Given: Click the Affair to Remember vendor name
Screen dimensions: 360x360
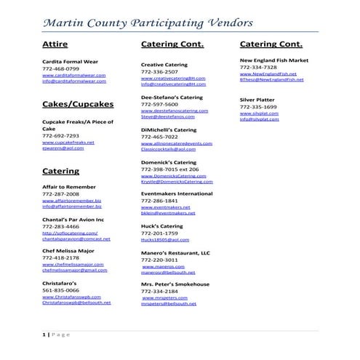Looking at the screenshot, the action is point(69,187).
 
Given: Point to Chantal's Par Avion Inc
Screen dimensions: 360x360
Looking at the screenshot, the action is point(73,219).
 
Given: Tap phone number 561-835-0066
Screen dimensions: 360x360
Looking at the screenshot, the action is point(60,289).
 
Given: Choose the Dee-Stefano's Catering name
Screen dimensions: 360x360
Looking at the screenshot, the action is point(172,97).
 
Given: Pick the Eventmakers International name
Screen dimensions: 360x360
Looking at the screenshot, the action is point(177,194).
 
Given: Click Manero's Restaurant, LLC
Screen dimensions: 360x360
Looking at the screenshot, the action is point(175,252).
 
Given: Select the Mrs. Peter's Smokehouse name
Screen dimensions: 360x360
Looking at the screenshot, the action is point(175,284).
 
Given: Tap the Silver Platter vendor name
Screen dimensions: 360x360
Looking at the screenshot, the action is point(257,99).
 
